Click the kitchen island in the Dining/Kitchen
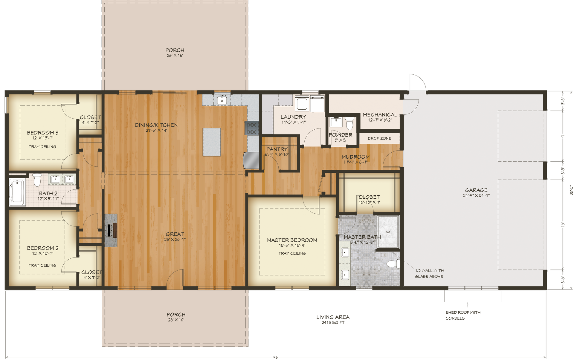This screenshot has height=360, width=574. [x=212, y=142]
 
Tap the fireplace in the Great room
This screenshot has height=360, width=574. [x=111, y=230]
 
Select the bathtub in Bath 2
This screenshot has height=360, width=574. [x=17, y=192]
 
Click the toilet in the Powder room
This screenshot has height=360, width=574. [x=349, y=122]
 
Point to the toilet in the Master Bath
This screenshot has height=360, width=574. [x=393, y=264]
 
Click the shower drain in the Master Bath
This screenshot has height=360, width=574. [x=388, y=232]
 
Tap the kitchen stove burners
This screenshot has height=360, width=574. [x=251, y=128]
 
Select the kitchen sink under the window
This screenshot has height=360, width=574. [x=222, y=100]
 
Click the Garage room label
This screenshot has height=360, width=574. [x=476, y=190]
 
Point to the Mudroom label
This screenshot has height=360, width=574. [x=355, y=157]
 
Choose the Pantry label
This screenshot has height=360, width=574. [x=277, y=149]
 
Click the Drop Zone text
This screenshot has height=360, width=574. [x=379, y=138]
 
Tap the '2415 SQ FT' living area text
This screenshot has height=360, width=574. [x=333, y=323]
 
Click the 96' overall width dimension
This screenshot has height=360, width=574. [x=276, y=357]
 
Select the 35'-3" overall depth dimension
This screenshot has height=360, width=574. [x=571, y=190]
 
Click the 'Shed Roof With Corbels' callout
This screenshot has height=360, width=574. [x=463, y=315]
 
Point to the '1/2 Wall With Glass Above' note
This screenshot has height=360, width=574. [x=429, y=274]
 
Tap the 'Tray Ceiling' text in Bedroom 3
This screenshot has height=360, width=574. [x=42, y=147]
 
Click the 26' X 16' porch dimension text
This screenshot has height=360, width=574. [x=175, y=56]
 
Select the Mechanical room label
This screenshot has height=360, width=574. [x=380, y=115]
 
